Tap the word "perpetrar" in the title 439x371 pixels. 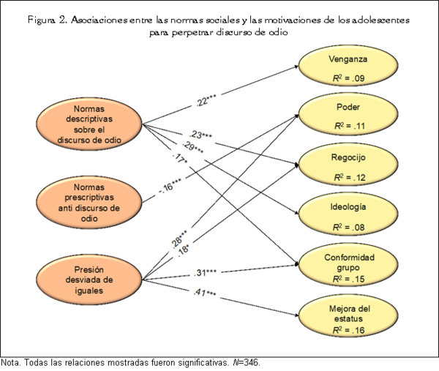point(190,33)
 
